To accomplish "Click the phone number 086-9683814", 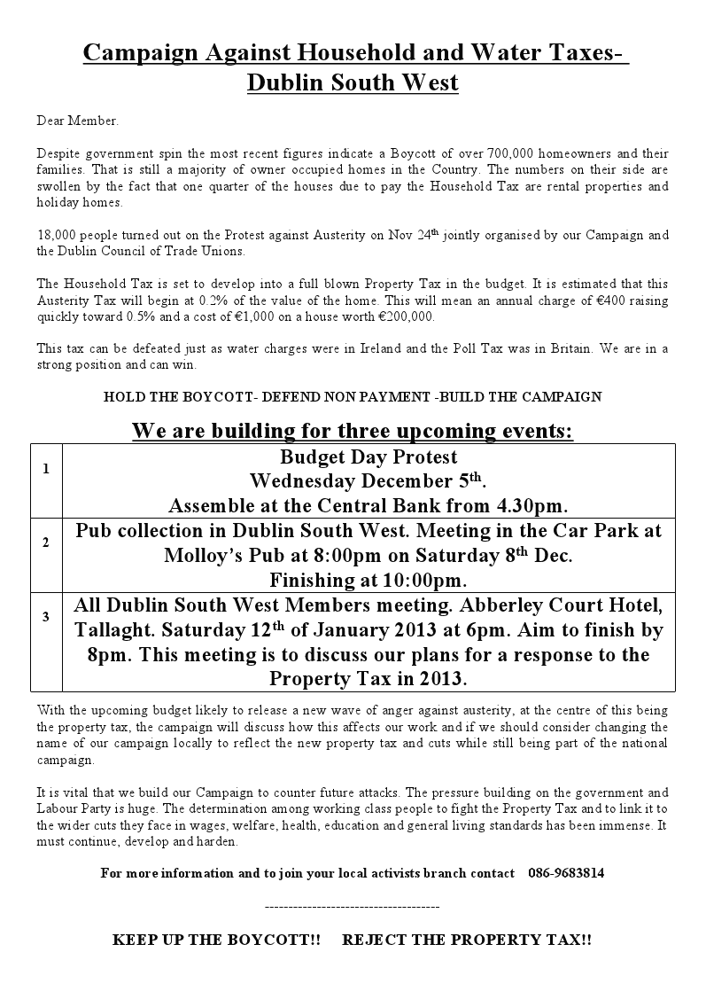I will [x=566, y=872].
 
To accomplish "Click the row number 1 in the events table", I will [x=46, y=468].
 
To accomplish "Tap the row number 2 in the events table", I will [x=46, y=542].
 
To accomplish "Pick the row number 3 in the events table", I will [x=46, y=616].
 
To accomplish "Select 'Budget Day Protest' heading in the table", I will [x=369, y=457].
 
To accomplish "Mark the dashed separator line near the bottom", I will [x=352, y=907].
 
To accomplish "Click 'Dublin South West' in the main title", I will [x=353, y=83].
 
